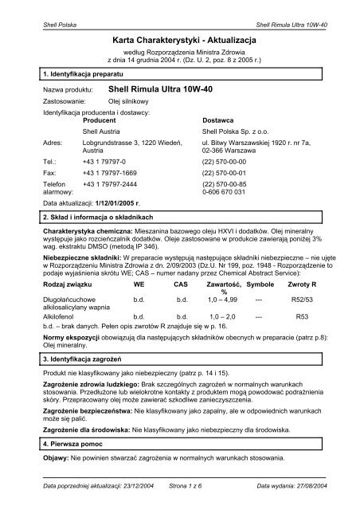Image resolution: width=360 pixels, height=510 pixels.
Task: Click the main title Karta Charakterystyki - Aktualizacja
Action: tap(180, 37)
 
